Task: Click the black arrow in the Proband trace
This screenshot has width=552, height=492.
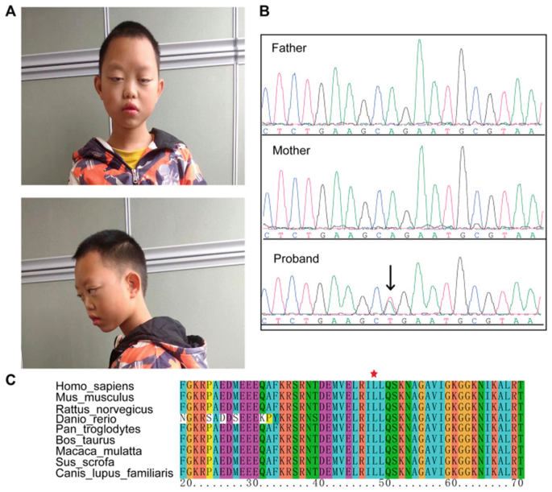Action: pos(390,278)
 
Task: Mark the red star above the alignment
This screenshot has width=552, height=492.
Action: pos(373,372)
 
